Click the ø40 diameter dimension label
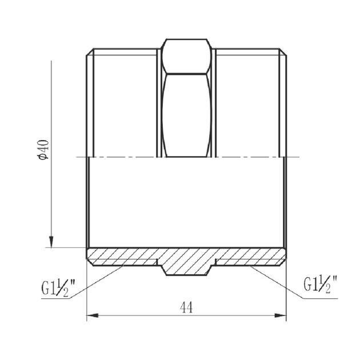coord(44,150)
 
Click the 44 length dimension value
coord(186,307)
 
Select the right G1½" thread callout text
coord(321,284)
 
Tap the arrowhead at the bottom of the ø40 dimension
coord(51,242)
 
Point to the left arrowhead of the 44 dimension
coord(93,315)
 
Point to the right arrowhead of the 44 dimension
coord(281,315)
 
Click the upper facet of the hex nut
coord(186,57)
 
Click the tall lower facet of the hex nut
coord(186,115)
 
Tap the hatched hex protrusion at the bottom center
coord(186,268)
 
